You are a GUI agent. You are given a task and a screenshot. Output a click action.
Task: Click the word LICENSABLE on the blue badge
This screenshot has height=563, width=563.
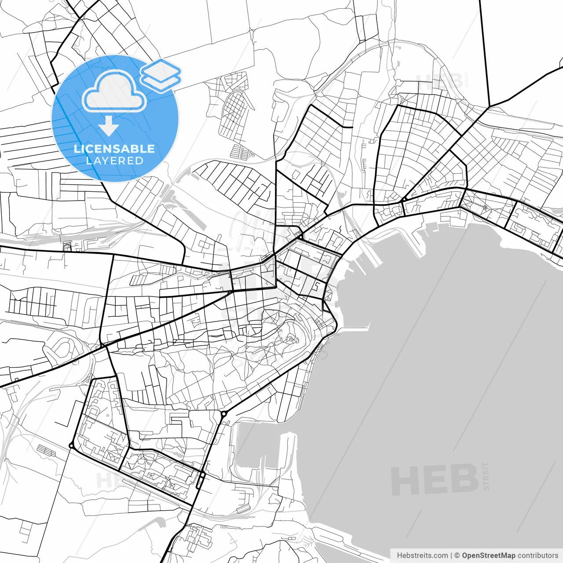click(114, 149)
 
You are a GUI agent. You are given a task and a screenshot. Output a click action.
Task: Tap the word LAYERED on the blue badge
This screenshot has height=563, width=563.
click(114, 161)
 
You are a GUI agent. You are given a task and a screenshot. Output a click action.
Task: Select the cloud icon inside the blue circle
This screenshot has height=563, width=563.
click(114, 91)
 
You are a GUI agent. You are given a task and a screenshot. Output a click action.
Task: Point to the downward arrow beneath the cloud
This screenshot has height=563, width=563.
click(109, 126)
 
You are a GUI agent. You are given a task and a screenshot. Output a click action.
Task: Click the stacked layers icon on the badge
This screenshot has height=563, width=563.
click(161, 75)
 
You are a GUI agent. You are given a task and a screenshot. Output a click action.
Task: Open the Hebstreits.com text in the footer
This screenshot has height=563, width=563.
click(422, 556)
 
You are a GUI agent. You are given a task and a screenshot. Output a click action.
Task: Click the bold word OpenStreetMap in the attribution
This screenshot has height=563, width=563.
click(488, 556)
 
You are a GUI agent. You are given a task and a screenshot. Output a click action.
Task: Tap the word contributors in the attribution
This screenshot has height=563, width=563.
click(537, 556)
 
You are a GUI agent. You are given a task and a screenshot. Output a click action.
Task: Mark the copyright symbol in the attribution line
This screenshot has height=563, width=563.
click(457, 556)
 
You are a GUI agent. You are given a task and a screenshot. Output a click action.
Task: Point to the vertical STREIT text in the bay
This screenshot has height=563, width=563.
click(486, 476)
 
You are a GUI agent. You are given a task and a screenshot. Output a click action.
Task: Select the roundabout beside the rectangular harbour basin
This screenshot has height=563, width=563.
click(223, 414)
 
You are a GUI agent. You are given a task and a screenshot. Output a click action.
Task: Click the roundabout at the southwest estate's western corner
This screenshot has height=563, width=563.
click(71, 446)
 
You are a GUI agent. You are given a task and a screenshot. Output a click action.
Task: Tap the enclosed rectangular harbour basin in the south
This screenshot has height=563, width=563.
click(260, 449)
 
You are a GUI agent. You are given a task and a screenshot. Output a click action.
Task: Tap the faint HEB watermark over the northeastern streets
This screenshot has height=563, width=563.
click(440, 82)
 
